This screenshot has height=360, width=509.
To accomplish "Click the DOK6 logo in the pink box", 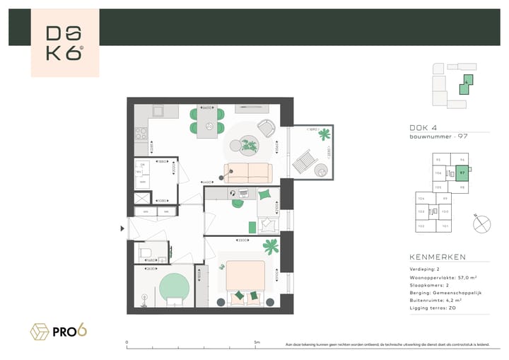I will coord(64,44).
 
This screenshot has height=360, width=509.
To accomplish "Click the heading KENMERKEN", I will coord(438,257).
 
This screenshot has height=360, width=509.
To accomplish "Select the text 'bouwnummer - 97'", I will coord(439,136).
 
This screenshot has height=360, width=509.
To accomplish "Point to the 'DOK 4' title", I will coord(423,128).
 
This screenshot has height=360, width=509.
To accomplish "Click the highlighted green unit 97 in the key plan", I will coord(462,172).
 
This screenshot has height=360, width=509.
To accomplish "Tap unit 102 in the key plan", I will coord(421,226).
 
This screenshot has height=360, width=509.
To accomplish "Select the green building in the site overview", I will coord(467,86).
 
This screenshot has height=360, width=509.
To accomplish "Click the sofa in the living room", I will coord(247,173).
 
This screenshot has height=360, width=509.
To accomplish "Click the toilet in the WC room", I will coord(146,252).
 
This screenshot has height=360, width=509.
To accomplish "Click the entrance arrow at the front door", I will coord(123,228).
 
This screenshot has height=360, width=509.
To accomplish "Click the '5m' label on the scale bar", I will coord(257,342).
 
